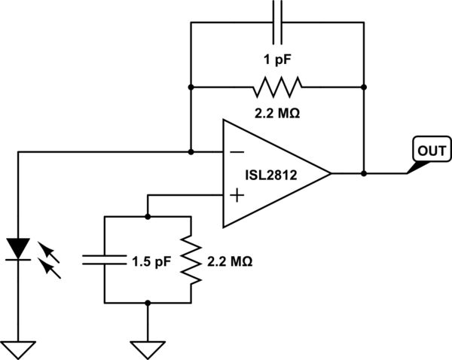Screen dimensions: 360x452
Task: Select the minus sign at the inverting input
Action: pos(235,151)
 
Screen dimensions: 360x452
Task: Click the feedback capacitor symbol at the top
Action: pos(276,22)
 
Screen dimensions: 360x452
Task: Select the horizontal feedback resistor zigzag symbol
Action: pos(276,87)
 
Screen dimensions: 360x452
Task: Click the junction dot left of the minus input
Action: pos(191,151)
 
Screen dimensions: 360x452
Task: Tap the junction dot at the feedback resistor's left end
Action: pos(191,87)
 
